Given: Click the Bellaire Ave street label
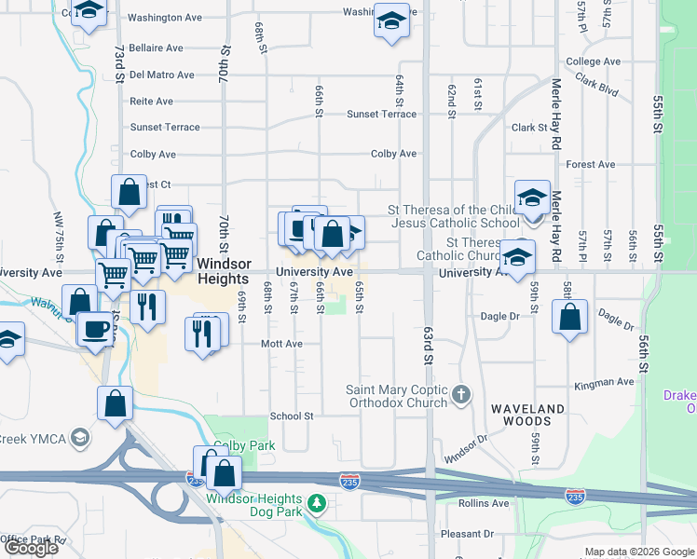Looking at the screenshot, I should [156, 48].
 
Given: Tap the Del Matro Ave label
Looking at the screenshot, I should [162, 75].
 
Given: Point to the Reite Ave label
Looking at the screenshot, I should [152, 101].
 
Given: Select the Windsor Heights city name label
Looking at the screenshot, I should [223, 272].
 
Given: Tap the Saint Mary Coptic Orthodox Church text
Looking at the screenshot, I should [397, 396].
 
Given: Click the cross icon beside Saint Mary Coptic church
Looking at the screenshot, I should [459, 396].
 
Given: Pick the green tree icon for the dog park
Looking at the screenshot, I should [318, 504].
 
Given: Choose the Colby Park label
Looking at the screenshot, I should [244, 446].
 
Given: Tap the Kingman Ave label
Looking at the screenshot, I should [604, 382].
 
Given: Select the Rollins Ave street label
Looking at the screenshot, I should [484, 503].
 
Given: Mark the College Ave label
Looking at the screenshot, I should [593, 61].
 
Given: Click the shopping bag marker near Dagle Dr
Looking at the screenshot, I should [569, 317].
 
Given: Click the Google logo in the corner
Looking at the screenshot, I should [32, 548].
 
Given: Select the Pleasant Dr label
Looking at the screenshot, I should [468, 534].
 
